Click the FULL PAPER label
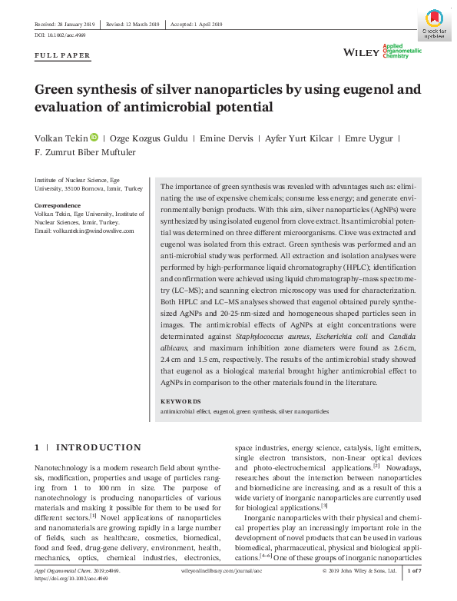click(63, 56)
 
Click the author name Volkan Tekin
click(60, 138)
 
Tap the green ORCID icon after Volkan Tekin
click(94, 138)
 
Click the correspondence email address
click(84, 231)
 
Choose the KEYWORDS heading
click(180, 401)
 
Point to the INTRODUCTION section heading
click(98, 447)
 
